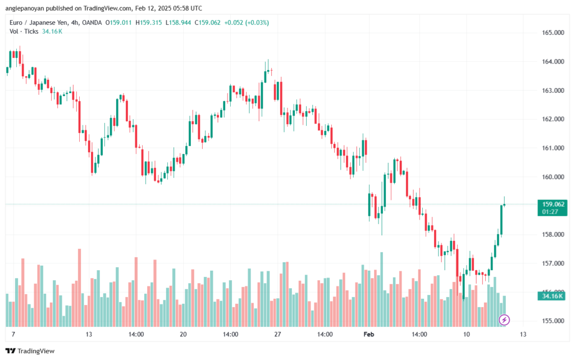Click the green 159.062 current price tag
[554, 204]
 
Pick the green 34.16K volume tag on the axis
[554, 296]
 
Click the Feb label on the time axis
[369, 334]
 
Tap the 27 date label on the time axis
[277, 334]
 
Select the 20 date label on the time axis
[183, 334]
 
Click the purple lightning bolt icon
[504, 320]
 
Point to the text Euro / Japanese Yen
[36, 22]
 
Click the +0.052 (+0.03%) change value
[247, 22]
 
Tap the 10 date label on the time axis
[466, 334]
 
